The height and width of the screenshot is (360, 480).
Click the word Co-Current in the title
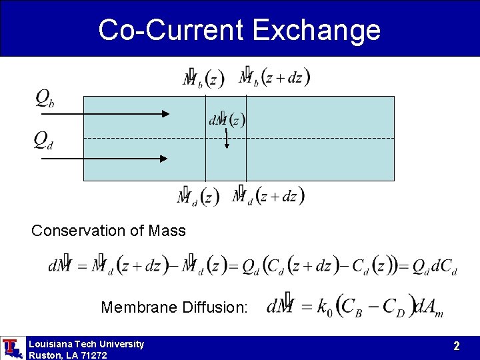[x=171, y=30]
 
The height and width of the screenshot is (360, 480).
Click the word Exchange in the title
[x=317, y=30]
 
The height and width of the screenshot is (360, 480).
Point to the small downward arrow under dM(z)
[x=227, y=139]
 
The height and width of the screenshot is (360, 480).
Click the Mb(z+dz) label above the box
[x=274, y=77]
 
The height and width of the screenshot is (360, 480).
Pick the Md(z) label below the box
[x=198, y=197]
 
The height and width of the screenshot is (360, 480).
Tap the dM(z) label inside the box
[x=227, y=121]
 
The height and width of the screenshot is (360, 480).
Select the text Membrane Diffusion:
[x=174, y=307]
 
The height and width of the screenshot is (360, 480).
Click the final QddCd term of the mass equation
[x=434, y=265]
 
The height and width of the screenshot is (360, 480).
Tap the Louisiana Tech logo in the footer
[x=11, y=348]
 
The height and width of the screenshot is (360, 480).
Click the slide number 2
[x=457, y=346]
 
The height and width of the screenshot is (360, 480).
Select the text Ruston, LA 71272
[x=67, y=355]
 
